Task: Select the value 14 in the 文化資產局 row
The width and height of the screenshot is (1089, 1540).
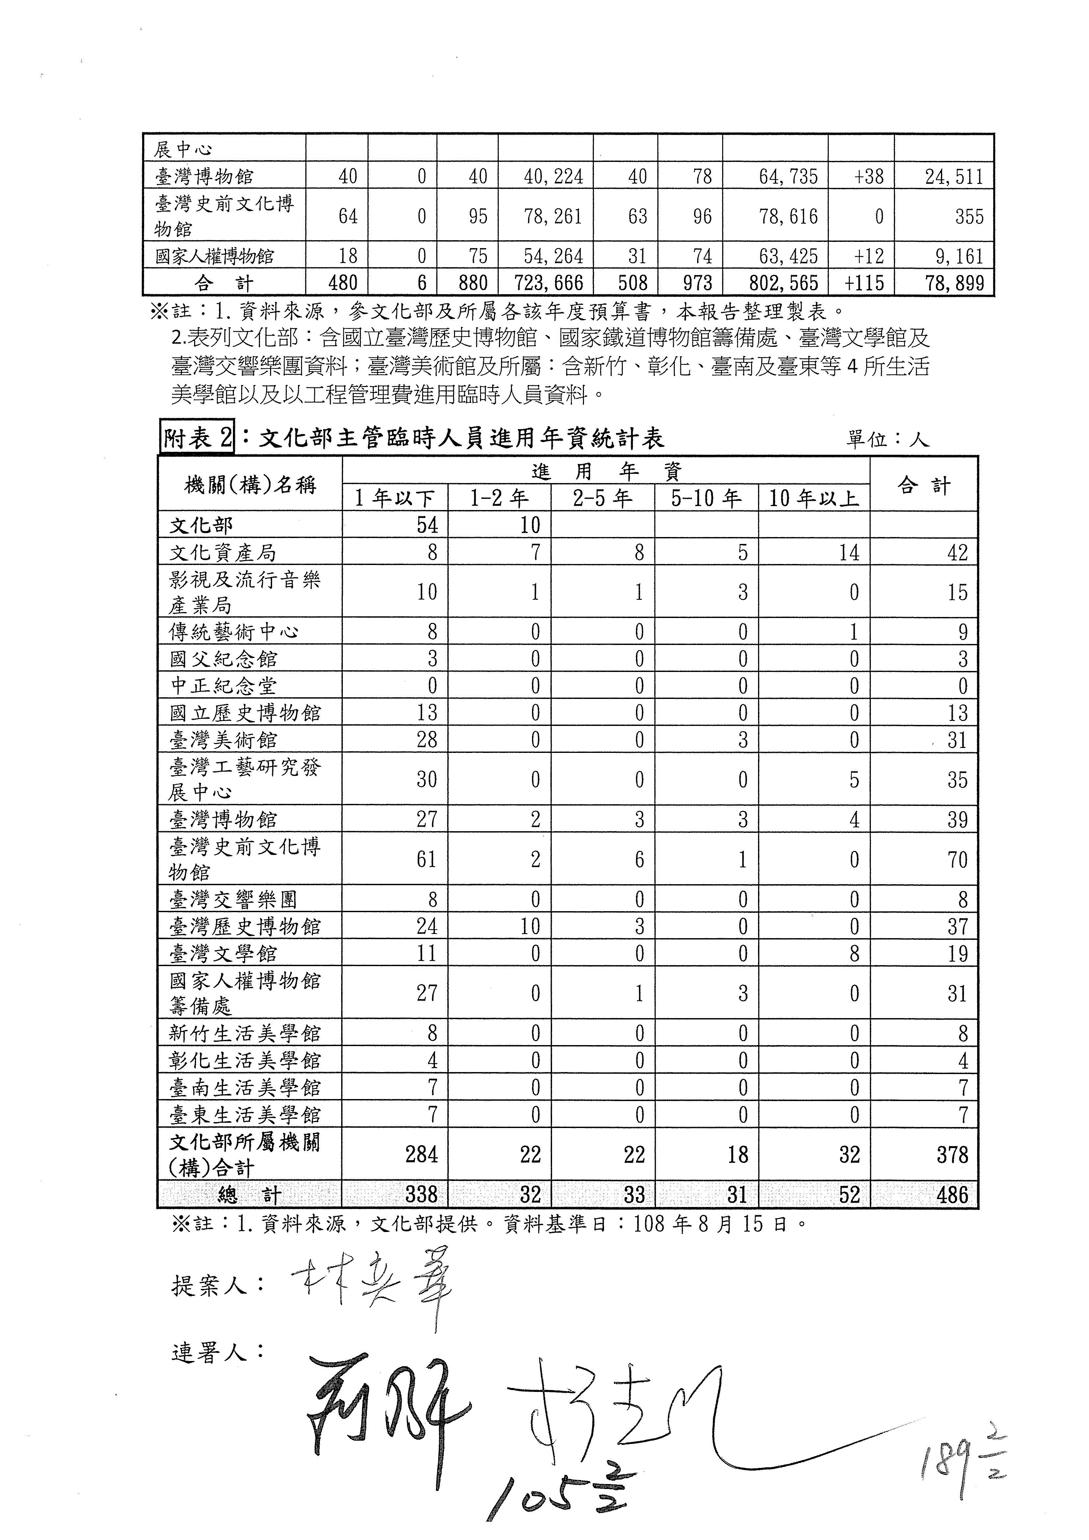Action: (849, 553)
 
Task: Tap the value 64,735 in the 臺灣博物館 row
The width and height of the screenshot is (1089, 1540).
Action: (788, 177)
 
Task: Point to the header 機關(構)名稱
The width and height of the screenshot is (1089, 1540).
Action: (249, 484)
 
